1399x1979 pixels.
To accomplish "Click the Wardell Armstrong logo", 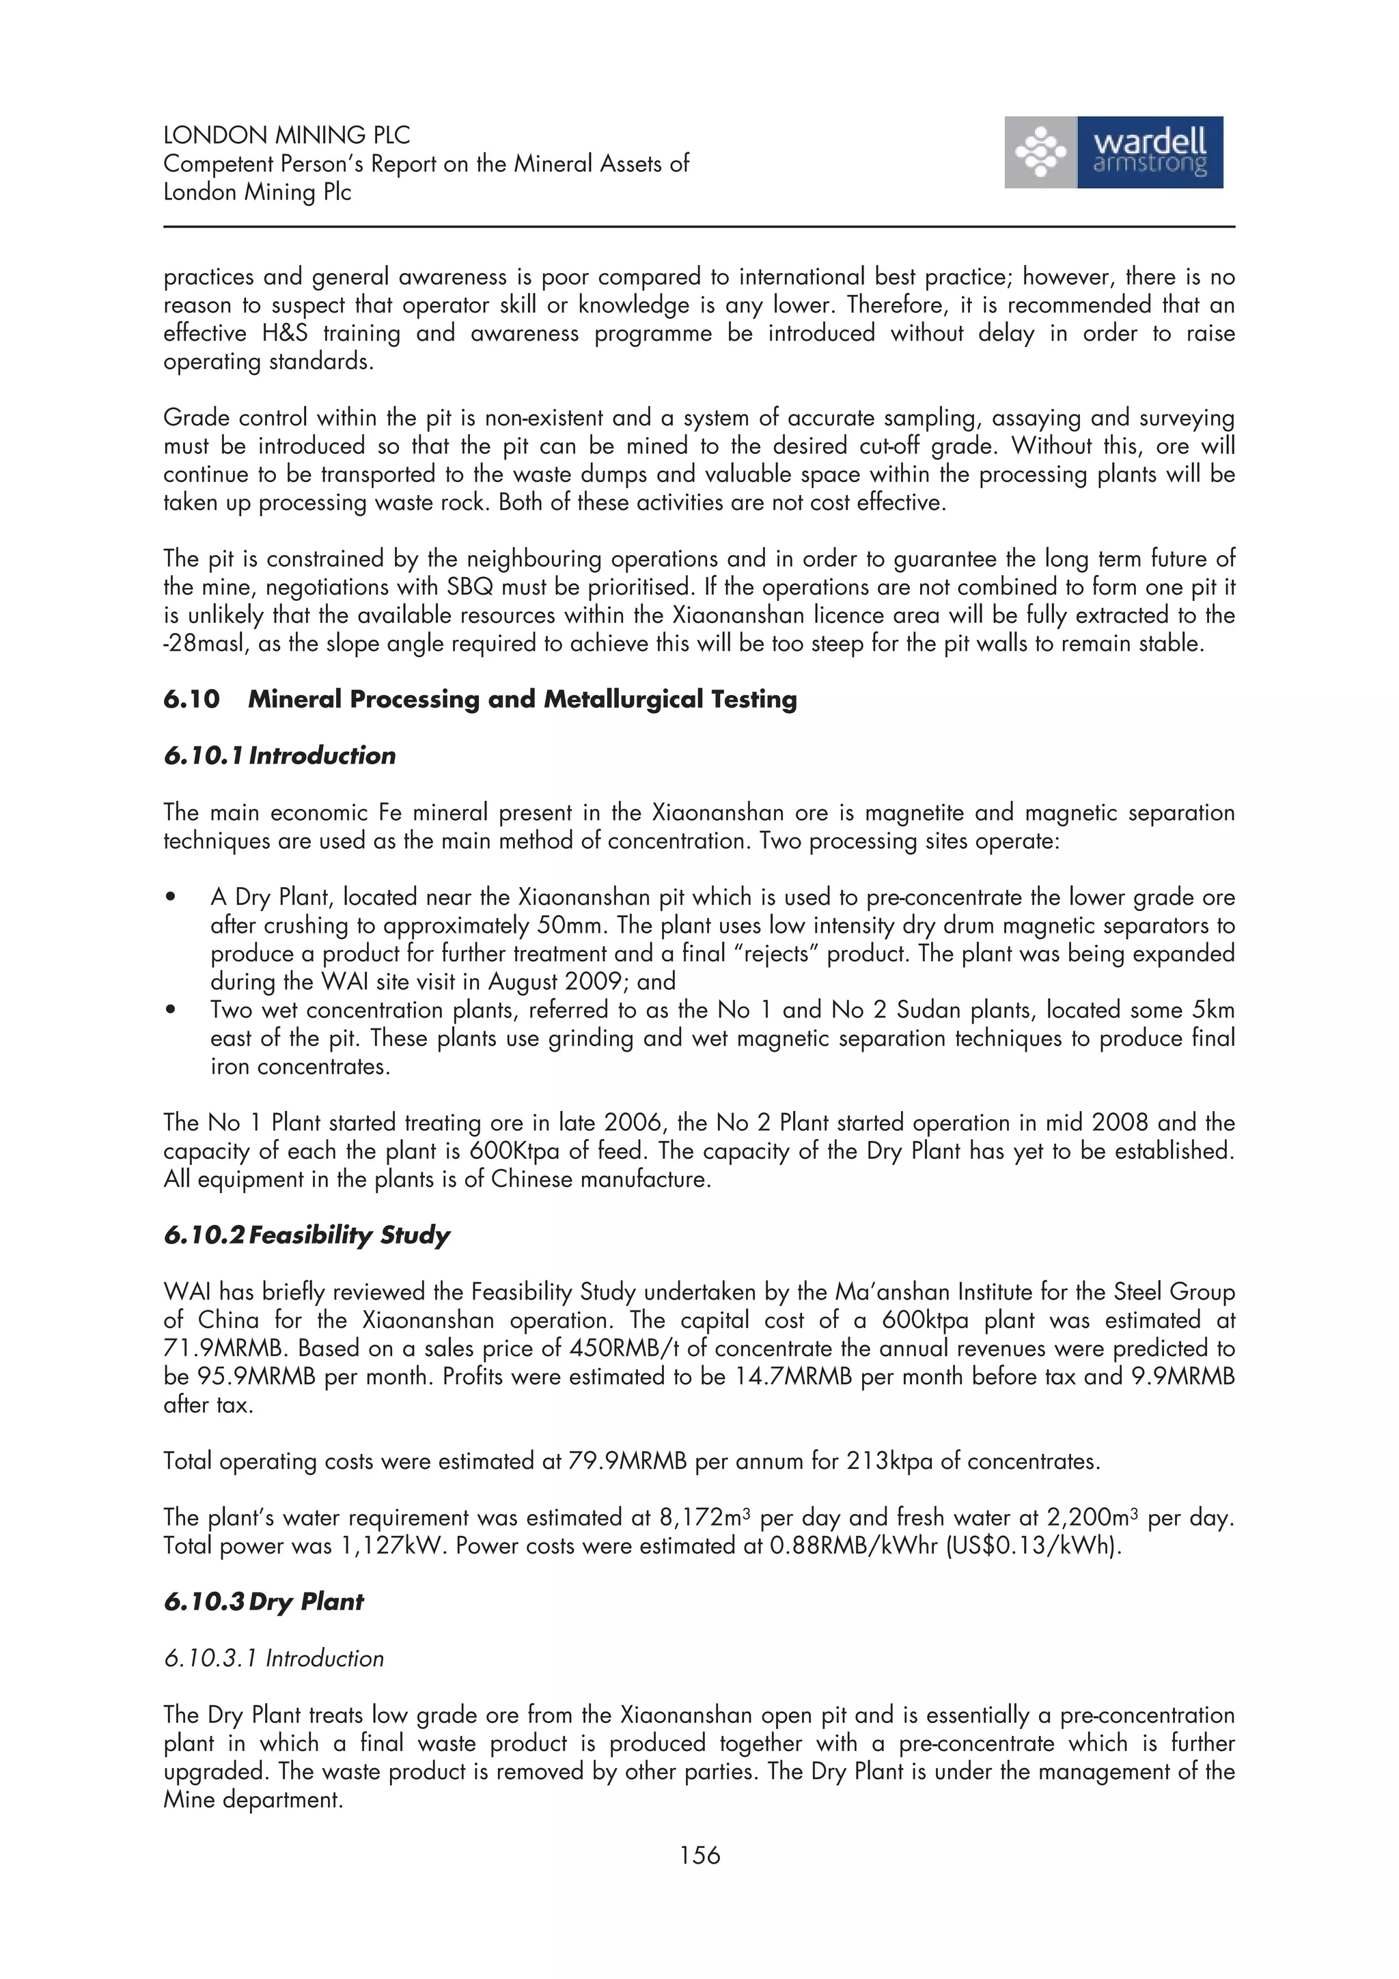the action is click(1113, 152).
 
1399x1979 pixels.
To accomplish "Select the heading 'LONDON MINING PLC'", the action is click(286, 135).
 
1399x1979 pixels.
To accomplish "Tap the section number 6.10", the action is click(191, 699).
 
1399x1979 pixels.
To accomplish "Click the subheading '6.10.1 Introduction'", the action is click(279, 756).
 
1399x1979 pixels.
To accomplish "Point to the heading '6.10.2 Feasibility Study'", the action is click(306, 1235).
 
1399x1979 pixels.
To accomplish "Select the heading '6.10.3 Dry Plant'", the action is click(263, 1601).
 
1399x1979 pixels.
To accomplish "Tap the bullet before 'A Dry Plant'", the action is click(171, 898).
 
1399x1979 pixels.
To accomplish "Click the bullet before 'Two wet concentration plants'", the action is click(171, 1010).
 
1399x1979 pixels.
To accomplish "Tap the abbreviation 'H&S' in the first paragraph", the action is click(284, 333).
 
